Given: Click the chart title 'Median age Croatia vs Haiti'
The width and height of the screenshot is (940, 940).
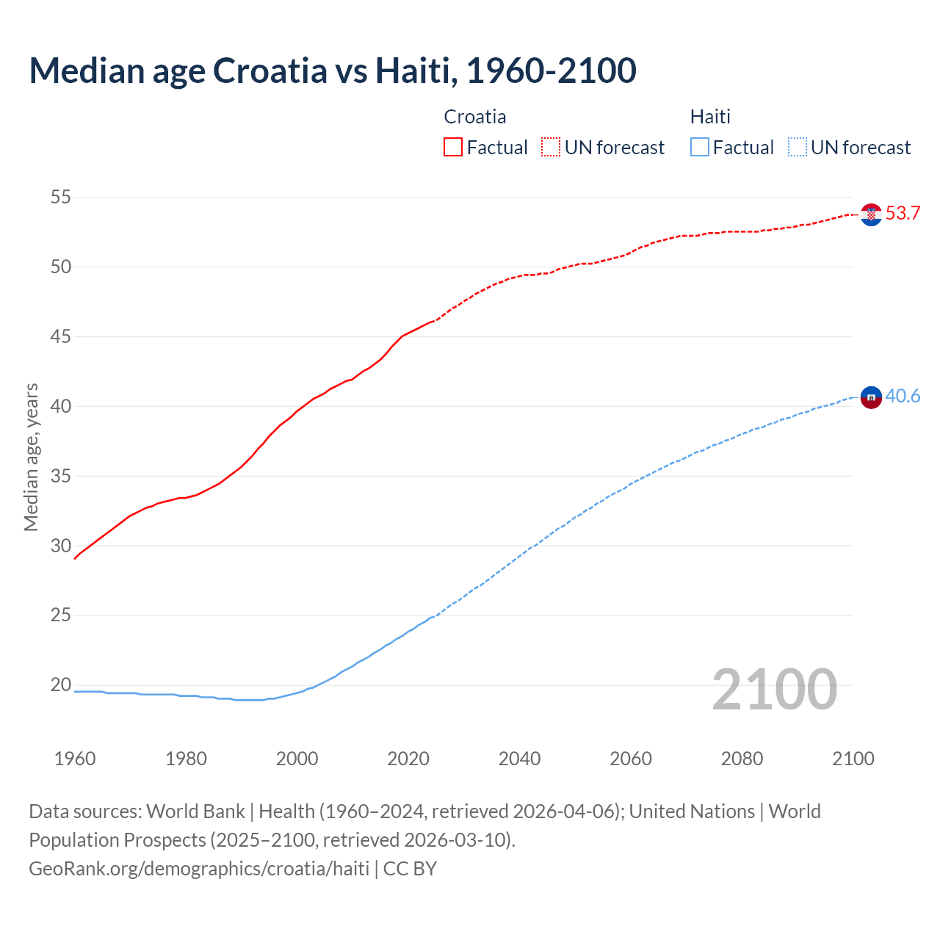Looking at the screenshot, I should point(332,71).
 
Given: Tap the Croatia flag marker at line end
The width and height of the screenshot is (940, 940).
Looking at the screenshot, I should point(871,214).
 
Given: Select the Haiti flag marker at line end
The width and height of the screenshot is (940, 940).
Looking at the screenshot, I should point(871,397).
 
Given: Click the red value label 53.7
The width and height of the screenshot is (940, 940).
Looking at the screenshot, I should point(903,214).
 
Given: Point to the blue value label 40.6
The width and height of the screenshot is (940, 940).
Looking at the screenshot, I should point(903,397).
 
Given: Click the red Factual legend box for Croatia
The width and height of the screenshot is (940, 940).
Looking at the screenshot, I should point(453,148).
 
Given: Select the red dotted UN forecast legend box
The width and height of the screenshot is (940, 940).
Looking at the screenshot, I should point(551,148).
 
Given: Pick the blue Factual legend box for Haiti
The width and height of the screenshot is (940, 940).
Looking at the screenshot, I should point(699,148).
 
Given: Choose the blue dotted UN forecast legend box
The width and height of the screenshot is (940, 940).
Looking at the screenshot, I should point(797,148).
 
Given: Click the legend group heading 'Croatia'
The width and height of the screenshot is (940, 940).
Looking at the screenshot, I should point(475,117).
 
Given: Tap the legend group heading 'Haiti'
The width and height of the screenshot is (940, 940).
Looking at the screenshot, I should point(710,117).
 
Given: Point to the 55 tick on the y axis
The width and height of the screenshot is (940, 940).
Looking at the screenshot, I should point(61,197).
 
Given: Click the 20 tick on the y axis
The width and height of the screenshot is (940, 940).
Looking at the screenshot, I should point(61,685).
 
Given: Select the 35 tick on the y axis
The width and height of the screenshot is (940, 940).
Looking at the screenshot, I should point(61,476).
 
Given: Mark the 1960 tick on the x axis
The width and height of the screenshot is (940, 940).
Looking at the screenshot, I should point(75,759).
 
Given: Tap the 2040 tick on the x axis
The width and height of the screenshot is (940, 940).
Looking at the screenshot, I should point(519,759).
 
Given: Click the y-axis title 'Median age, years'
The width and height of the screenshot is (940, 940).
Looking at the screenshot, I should point(31,457).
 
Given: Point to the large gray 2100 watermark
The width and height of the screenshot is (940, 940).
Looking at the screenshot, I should point(774,690).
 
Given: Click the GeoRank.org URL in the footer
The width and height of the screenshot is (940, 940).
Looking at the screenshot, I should point(199,869).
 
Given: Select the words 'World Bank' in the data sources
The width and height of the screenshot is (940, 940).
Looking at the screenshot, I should point(195,811).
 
